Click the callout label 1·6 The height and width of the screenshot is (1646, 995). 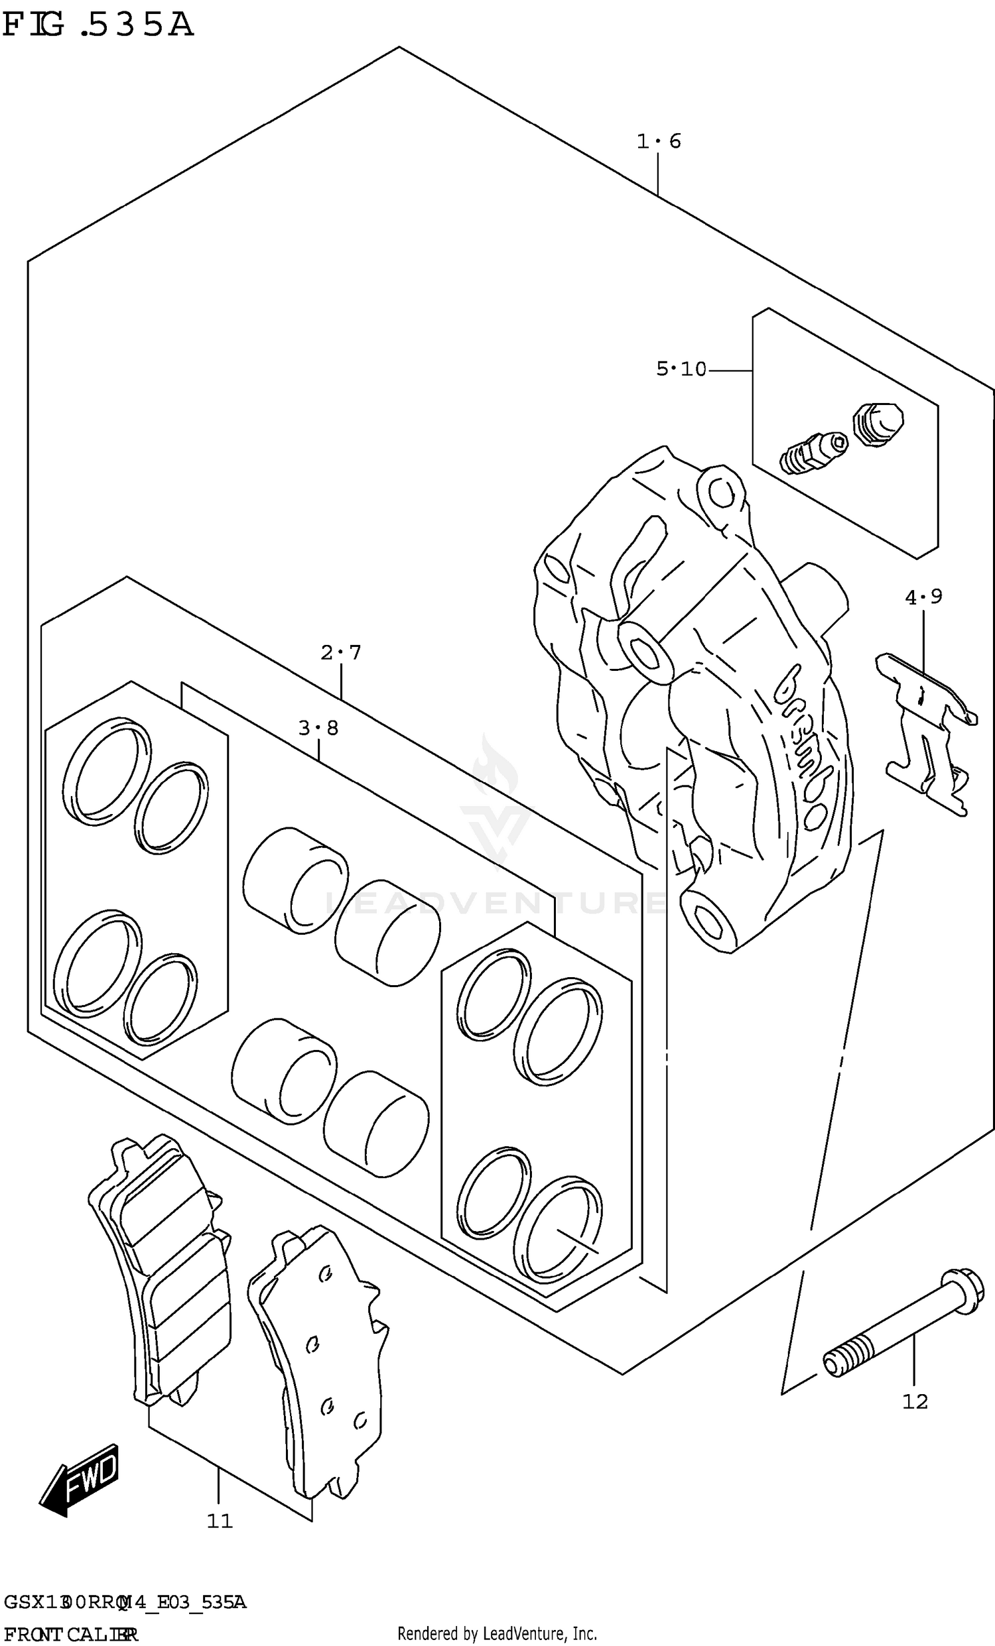click(x=658, y=142)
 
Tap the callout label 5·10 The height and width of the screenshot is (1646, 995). click(x=681, y=369)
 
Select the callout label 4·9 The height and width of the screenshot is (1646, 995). click(x=923, y=597)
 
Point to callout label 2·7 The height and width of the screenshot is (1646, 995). click(x=341, y=652)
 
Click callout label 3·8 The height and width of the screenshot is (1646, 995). click(x=318, y=727)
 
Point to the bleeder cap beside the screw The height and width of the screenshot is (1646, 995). click(x=878, y=424)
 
